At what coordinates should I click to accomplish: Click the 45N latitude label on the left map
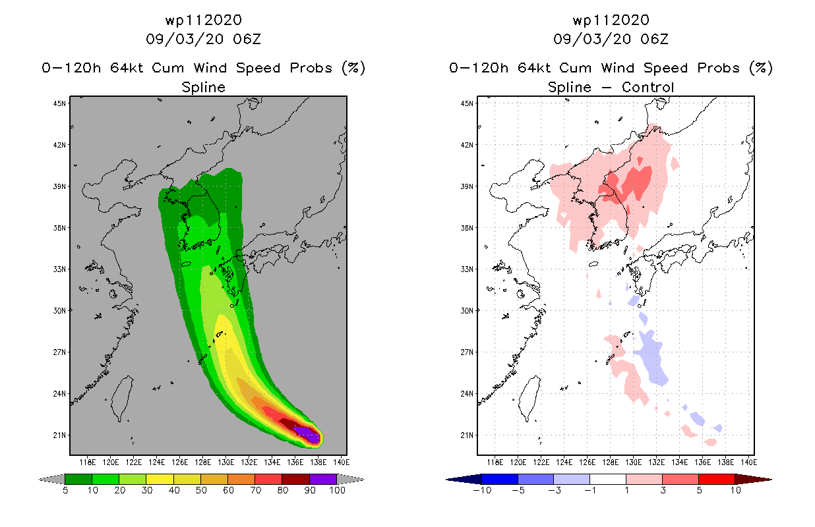[x=59, y=103]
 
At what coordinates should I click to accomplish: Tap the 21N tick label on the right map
[x=467, y=435]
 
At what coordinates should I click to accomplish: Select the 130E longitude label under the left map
[x=226, y=462]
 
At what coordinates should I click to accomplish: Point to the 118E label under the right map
[x=495, y=462]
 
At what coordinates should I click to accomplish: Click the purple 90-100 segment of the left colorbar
[x=323, y=480]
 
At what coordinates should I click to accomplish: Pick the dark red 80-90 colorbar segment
[x=296, y=480]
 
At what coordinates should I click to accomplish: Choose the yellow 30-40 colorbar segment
[x=160, y=480]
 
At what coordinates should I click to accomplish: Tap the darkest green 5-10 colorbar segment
[x=78, y=480]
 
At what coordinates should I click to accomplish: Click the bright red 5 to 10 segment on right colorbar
[x=717, y=480]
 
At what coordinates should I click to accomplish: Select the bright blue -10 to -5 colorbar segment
[x=500, y=480]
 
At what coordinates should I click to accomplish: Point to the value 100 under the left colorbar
[x=337, y=490]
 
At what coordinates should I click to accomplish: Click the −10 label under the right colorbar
[x=482, y=490]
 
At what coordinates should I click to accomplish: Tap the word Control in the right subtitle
[x=648, y=87]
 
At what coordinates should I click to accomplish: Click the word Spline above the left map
[x=203, y=88]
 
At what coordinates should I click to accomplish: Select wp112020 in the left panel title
[x=204, y=20]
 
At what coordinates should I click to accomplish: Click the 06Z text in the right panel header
[x=654, y=39]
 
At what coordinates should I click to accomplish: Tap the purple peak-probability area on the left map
[x=307, y=434]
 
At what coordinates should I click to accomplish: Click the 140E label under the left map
[x=342, y=462]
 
